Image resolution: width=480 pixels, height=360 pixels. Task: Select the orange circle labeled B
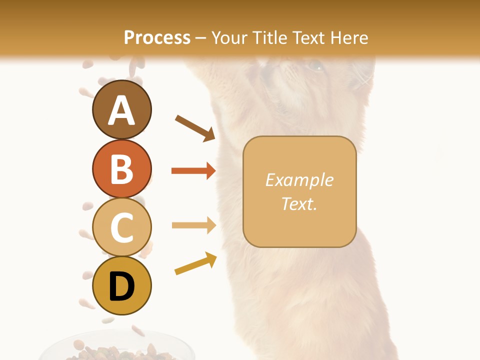pos(121,168)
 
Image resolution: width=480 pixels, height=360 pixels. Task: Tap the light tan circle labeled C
pos(121,227)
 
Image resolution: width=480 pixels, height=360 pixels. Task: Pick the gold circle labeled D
pos(121,285)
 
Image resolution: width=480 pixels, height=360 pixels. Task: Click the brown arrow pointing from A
pos(194,127)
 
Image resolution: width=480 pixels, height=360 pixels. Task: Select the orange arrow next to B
pos(193,171)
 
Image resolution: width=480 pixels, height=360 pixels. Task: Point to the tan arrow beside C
pos(193,225)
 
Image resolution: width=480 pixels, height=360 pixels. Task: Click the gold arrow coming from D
pos(195,264)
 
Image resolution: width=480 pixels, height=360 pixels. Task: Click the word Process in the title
pos(157,37)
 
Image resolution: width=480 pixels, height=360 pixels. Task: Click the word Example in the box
pos(299,180)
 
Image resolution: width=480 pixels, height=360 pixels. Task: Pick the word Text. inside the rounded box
pos(299,203)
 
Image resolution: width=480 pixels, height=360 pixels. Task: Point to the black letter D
pos(121,286)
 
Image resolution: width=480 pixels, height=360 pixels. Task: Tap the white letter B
pos(121,169)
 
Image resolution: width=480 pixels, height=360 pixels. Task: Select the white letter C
pos(121,227)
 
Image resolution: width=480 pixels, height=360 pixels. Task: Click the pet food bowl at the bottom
pos(120,350)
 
